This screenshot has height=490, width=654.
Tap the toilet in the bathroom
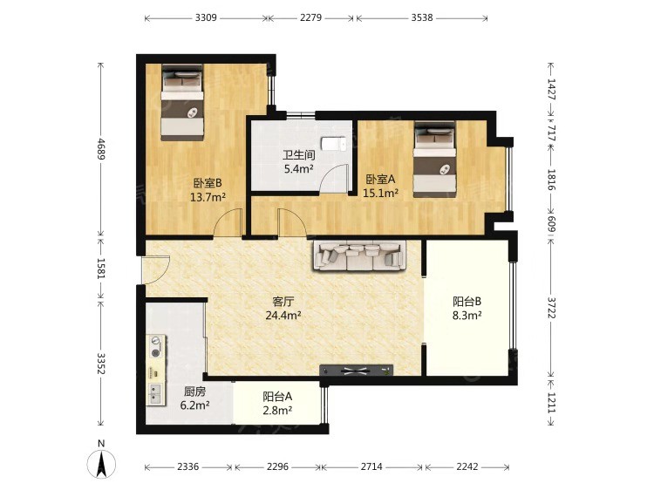[333, 144]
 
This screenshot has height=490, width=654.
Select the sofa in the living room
[359, 255]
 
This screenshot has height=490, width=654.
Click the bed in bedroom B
[182, 102]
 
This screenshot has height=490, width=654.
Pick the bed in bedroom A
[434, 160]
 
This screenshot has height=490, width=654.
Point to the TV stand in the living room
[356, 370]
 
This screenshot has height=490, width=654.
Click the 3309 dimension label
[206, 17]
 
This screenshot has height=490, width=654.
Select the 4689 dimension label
[101, 149]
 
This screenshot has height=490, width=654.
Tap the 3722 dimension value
[551, 308]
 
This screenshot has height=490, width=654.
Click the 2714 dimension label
[371, 466]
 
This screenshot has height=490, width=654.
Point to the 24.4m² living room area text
[283, 316]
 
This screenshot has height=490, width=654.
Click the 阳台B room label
[467, 301]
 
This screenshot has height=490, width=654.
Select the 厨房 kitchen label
[194, 391]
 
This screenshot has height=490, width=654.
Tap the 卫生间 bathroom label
[298, 155]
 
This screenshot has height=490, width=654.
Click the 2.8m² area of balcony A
[277, 411]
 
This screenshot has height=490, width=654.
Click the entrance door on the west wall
[156, 269]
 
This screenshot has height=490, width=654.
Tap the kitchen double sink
[155, 393]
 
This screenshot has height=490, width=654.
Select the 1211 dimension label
[551, 403]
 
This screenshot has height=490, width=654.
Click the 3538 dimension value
[422, 17]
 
